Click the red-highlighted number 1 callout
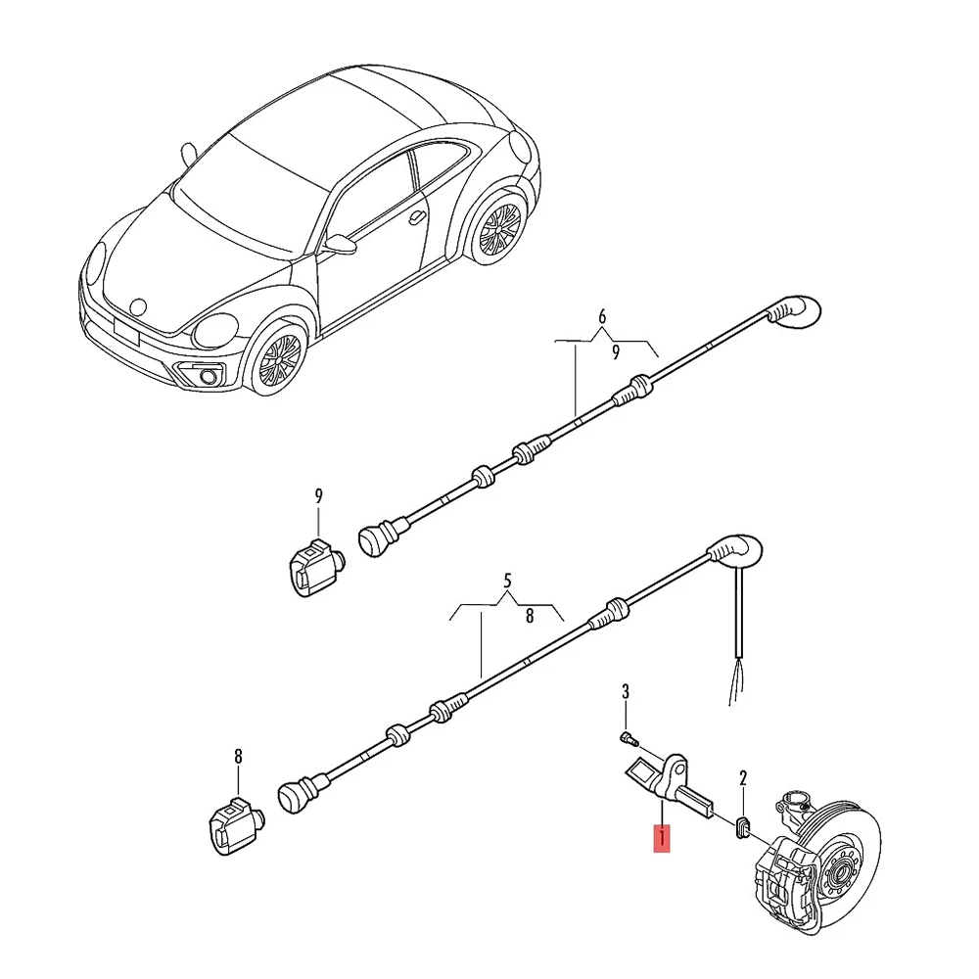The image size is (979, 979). pyautogui.click(x=663, y=839)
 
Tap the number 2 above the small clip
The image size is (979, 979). pyautogui.click(x=743, y=779)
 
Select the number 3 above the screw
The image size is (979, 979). pyautogui.click(x=627, y=693)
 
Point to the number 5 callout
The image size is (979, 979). pyautogui.click(x=507, y=580)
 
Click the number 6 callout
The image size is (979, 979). pyautogui.click(x=602, y=316)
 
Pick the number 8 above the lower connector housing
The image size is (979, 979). pyautogui.click(x=238, y=756)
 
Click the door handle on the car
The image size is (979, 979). pyautogui.click(x=418, y=215)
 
